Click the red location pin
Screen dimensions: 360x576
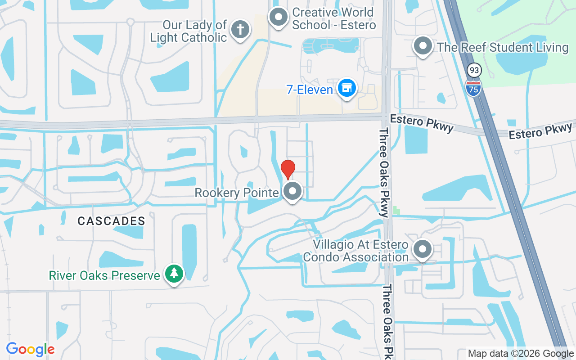point(288,169)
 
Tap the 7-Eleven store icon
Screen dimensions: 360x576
point(346,88)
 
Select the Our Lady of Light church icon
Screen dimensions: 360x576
point(240,30)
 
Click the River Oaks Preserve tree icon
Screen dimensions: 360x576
point(174,273)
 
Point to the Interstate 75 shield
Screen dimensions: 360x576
point(473,88)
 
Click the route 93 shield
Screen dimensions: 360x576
point(474,70)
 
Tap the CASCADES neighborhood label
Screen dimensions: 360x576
point(111,221)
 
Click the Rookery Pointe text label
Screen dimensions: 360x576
point(237,193)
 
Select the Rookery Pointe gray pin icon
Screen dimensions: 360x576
point(293,191)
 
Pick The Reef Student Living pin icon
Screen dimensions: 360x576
point(423,46)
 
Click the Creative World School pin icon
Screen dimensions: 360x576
point(279,18)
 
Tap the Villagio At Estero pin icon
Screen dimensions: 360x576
point(423,249)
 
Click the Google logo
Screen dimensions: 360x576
point(31,349)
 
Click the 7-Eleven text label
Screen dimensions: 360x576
point(310,90)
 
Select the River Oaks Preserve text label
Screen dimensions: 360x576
point(104,275)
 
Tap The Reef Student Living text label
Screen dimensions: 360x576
point(503,47)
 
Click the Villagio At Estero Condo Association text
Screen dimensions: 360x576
point(355,251)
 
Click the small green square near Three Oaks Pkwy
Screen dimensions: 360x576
point(396,210)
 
